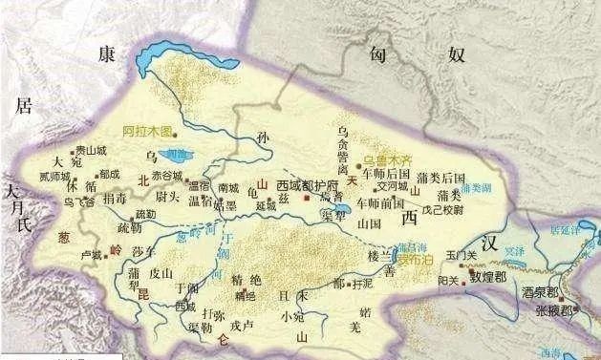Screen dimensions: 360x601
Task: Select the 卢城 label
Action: point(91,255)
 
